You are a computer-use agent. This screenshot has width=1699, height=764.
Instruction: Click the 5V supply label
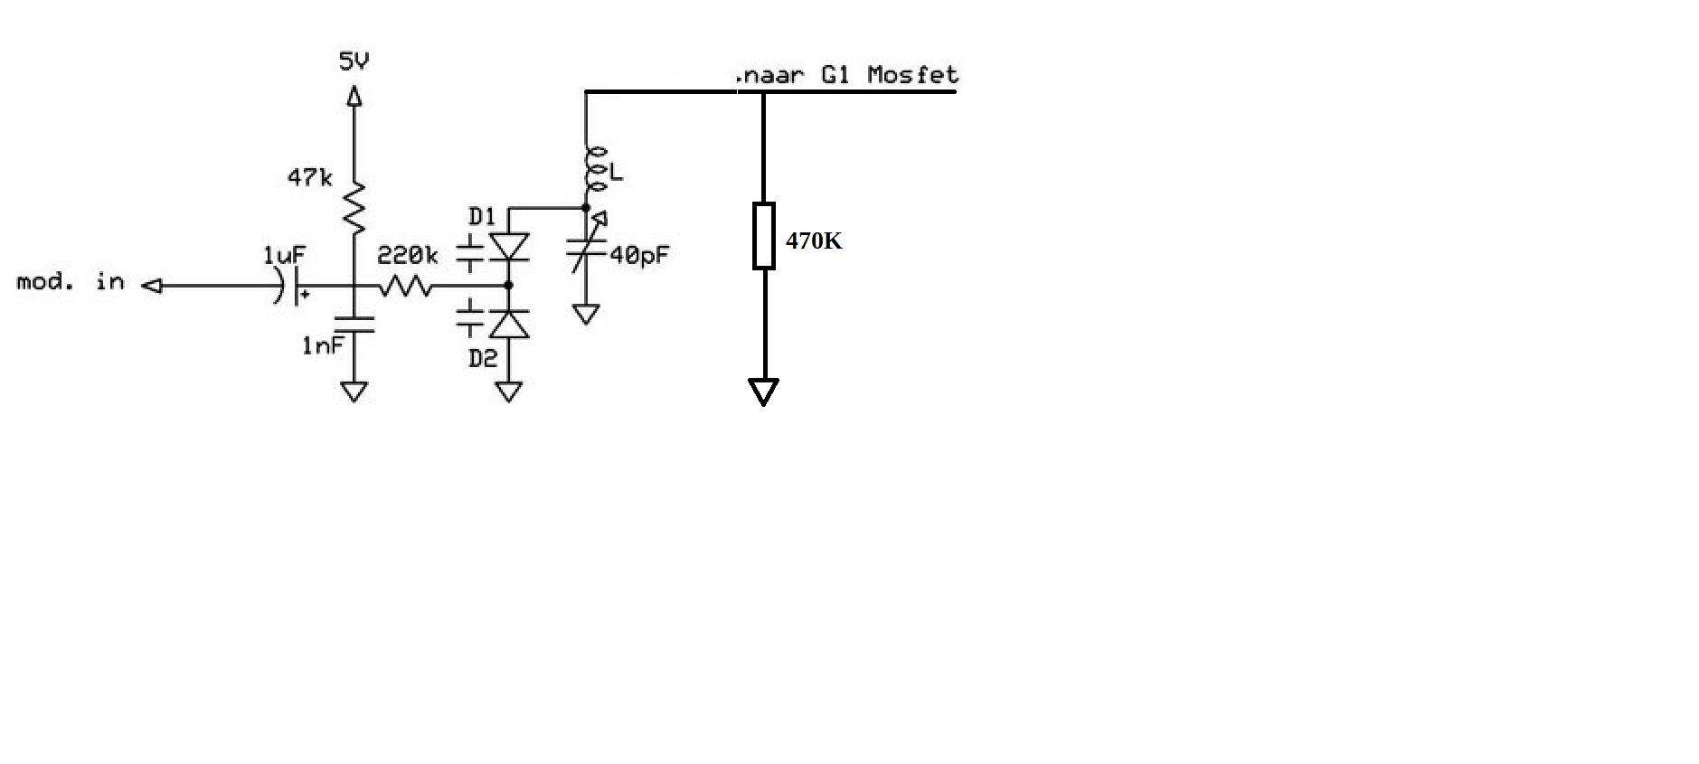click(354, 61)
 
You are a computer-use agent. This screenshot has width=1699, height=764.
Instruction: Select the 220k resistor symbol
click(405, 286)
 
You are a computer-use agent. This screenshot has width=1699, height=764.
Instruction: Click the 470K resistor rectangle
click(764, 235)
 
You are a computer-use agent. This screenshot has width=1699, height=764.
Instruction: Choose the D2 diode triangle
click(509, 324)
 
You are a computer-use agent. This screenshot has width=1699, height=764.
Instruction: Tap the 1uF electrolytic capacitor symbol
click(290, 287)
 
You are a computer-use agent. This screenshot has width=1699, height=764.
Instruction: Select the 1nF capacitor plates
click(354, 325)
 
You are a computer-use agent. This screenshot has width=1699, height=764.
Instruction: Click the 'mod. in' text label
click(71, 281)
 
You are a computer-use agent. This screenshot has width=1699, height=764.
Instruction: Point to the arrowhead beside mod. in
click(152, 286)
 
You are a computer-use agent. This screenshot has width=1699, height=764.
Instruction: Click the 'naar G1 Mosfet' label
click(849, 74)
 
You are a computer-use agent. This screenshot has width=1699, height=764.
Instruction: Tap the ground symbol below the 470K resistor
click(764, 391)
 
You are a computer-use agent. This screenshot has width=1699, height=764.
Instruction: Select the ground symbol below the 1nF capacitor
click(354, 391)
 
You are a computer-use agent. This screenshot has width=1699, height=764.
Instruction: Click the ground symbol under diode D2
click(509, 391)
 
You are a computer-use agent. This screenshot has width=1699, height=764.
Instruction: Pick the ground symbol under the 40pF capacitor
click(587, 314)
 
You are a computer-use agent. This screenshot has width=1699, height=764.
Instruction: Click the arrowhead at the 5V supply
click(354, 95)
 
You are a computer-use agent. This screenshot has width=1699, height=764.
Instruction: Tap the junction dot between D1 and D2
click(509, 286)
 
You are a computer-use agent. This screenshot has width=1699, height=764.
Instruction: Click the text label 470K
click(814, 241)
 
